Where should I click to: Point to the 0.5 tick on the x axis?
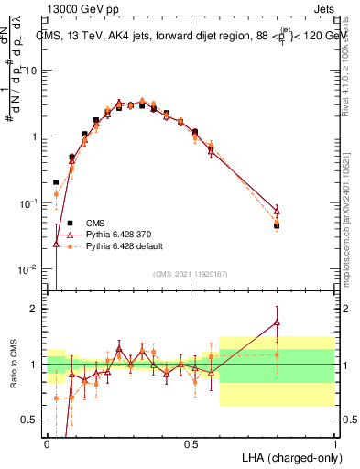(191, 443)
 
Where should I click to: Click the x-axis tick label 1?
(335, 443)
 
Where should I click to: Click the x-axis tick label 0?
(47, 443)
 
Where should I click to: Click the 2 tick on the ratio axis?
(36, 309)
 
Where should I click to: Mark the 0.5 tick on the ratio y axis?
(32, 420)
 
